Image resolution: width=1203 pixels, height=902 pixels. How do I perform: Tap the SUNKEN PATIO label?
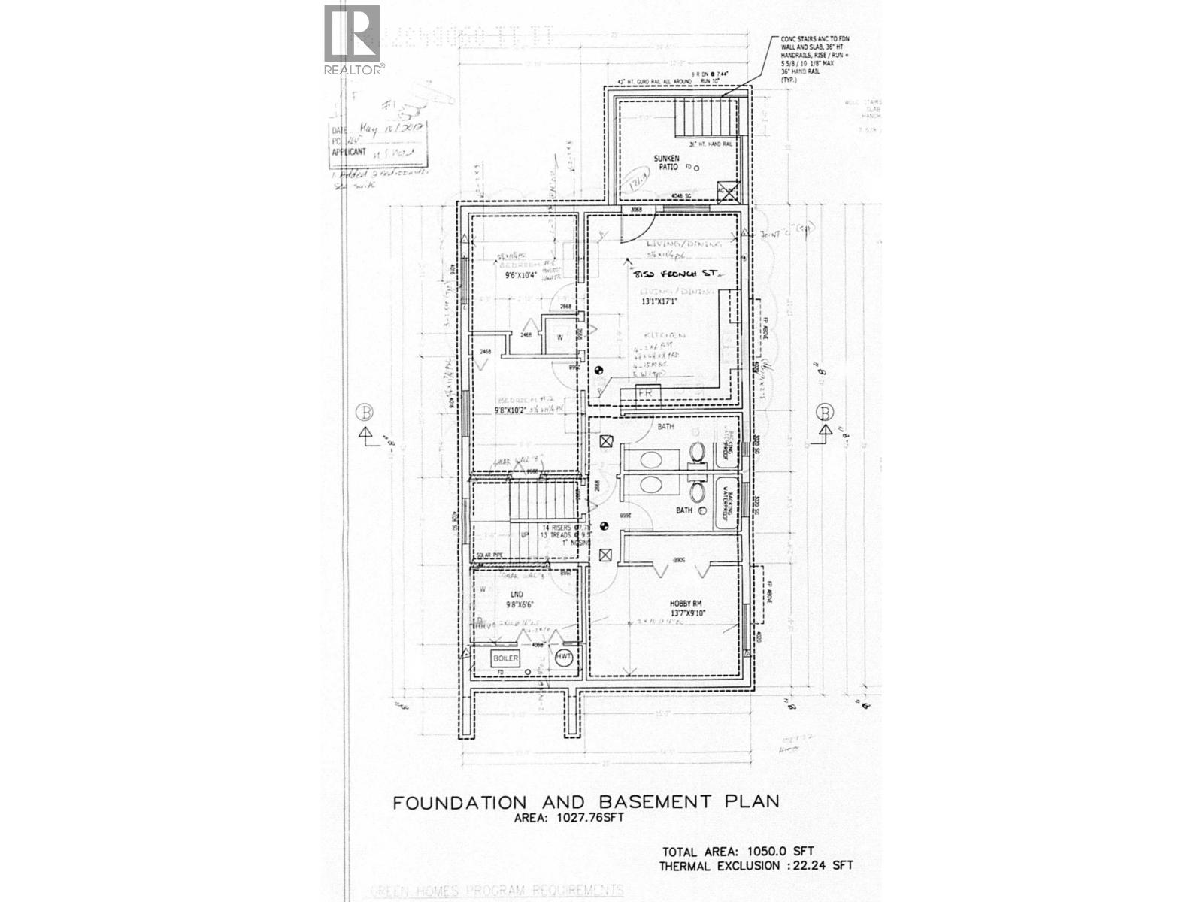(666, 163)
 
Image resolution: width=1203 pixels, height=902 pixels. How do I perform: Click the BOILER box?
(505, 658)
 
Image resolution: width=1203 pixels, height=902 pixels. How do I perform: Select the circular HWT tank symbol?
(564, 657)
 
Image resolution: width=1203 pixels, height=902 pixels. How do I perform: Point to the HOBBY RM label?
(684, 603)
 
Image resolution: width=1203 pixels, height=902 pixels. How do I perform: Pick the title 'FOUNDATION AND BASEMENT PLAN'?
(586, 801)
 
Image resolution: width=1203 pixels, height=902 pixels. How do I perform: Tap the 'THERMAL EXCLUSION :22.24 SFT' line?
(756, 866)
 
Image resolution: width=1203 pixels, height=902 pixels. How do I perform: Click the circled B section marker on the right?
(826, 412)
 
